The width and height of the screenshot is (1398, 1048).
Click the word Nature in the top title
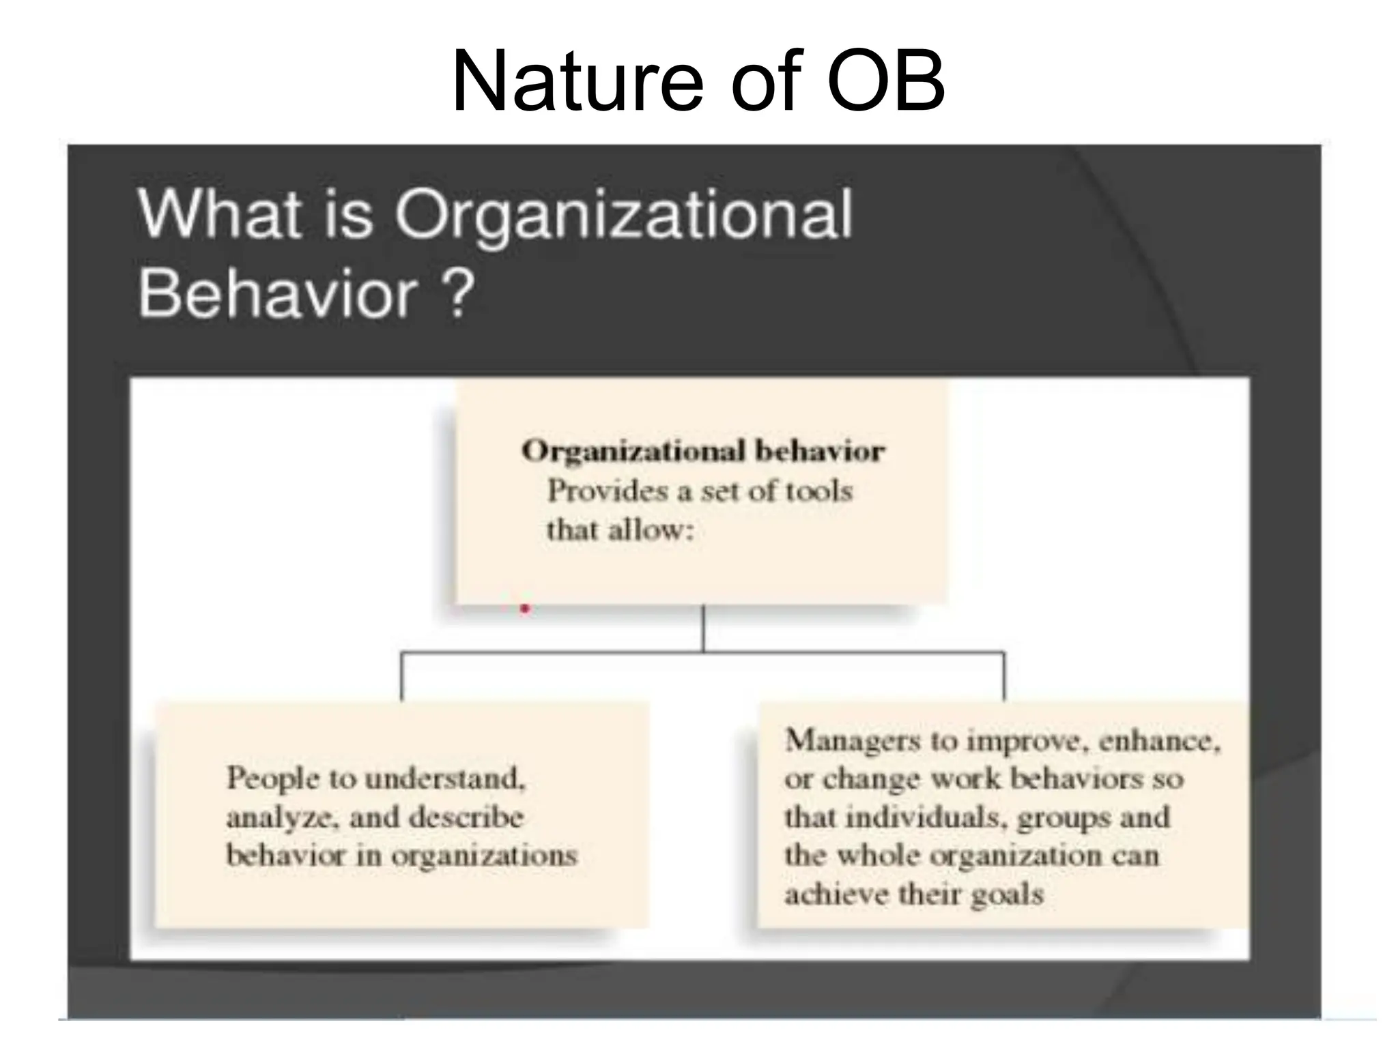(x=577, y=82)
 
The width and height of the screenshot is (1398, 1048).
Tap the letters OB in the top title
(x=885, y=82)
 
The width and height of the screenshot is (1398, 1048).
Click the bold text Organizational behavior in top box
(x=703, y=451)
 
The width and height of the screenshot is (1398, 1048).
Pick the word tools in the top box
(x=818, y=491)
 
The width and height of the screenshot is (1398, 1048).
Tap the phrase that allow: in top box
(x=620, y=530)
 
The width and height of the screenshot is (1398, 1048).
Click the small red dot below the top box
(x=525, y=609)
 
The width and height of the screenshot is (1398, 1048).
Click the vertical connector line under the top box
(x=703, y=628)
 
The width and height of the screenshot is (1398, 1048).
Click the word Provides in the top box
(x=598, y=491)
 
